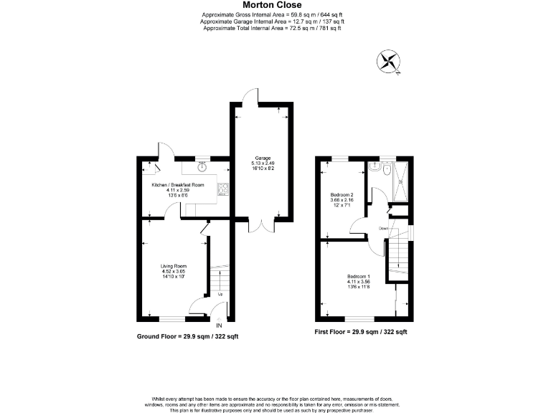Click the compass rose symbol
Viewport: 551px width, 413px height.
(390, 62)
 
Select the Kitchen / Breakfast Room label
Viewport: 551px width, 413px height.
(177, 185)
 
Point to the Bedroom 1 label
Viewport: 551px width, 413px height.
(358, 277)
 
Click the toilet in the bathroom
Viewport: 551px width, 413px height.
(386, 171)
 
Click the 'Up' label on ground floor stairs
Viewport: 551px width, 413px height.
(220, 294)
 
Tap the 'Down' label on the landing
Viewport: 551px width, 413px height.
(383, 228)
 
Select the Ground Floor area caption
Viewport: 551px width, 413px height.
(188, 336)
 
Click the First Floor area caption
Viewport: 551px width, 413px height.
(361, 332)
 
